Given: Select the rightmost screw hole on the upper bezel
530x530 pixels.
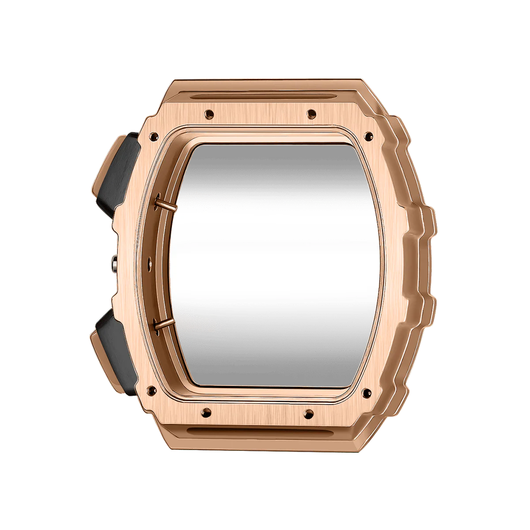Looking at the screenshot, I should [x=368, y=135].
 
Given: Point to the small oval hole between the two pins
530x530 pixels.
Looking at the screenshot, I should [x=148, y=257].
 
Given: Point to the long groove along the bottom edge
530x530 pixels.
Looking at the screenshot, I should [x=261, y=430].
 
